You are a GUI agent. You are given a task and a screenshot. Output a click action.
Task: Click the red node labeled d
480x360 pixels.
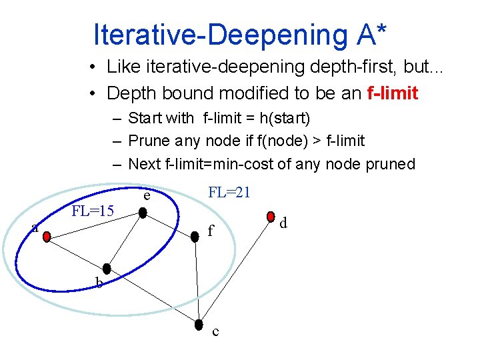click(x=271, y=216)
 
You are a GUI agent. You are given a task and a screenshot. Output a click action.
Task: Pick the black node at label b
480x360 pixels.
click(x=107, y=275)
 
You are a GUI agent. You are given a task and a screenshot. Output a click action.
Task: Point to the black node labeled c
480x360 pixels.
click(x=199, y=325)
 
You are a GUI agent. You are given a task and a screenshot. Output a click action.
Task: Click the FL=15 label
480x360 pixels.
click(x=93, y=212)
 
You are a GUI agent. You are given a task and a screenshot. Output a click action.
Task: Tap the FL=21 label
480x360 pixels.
click(x=229, y=193)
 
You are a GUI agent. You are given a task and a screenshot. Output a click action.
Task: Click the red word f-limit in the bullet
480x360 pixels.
click(x=393, y=93)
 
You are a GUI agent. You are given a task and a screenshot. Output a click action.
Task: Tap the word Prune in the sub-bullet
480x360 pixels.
click(x=149, y=141)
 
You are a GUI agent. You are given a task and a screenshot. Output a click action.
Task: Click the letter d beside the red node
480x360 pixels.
click(x=283, y=223)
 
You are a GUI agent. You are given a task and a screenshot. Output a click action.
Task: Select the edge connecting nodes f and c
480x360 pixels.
click(x=197, y=280)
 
